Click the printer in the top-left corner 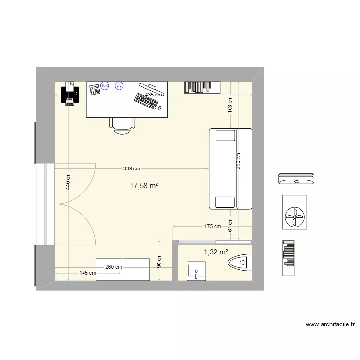[70, 93]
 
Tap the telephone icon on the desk [94, 89]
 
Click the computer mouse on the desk [160, 108]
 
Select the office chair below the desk [122, 125]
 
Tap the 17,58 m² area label [144, 185]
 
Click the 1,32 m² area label [216, 252]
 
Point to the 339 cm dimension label [132, 169]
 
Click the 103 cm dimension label [231, 104]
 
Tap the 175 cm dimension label [213, 227]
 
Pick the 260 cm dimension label [114, 267]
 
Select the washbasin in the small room [196, 271]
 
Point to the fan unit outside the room [294, 212]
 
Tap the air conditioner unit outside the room [296, 179]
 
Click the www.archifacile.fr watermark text [330, 324]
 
